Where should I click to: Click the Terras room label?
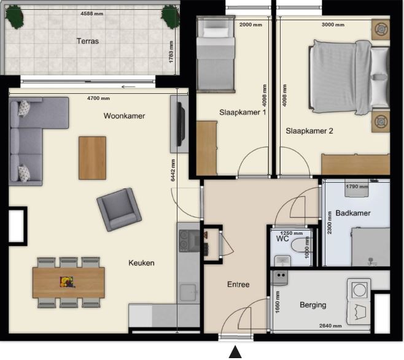pos(88,41)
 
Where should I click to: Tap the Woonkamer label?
pos(124,116)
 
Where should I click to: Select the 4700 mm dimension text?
pos(98,98)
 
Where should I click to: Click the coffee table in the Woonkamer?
pos(92,158)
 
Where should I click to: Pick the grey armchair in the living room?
pos(119,209)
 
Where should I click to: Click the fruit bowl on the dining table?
pos(68,281)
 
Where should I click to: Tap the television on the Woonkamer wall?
pos(181,124)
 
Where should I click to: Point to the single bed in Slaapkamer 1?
pos(216,53)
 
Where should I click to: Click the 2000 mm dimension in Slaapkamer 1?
pos(251,25)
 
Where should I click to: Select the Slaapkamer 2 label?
pos(309,131)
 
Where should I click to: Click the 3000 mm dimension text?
pos(333,25)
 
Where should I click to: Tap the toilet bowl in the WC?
pos(298,245)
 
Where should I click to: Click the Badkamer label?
pos(353,213)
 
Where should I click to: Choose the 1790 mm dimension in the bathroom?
pos(357,186)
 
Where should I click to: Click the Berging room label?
pos(313,305)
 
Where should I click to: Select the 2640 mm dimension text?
pos(330,326)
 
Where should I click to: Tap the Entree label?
pos(238,285)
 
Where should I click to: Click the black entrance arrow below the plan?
pos(235,352)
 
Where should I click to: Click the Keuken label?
pos(141,262)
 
